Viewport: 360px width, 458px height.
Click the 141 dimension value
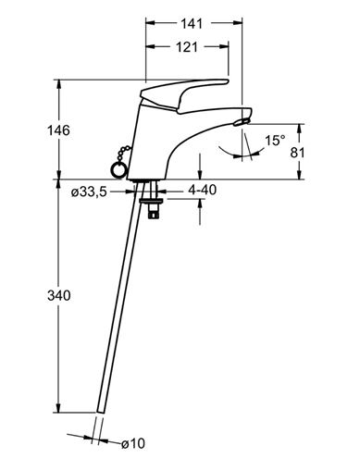point(192,23)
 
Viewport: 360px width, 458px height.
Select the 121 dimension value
point(187,47)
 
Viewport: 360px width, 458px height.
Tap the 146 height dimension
point(58,130)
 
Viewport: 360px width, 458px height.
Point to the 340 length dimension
point(59,296)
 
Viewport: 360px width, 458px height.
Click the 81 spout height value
point(297,153)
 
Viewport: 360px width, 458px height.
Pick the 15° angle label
point(275,141)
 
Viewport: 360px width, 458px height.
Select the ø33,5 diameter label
point(89,192)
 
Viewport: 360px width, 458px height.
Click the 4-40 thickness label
point(203,190)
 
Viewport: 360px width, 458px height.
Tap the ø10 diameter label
point(133,444)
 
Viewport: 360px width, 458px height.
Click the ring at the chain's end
point(118,169)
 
